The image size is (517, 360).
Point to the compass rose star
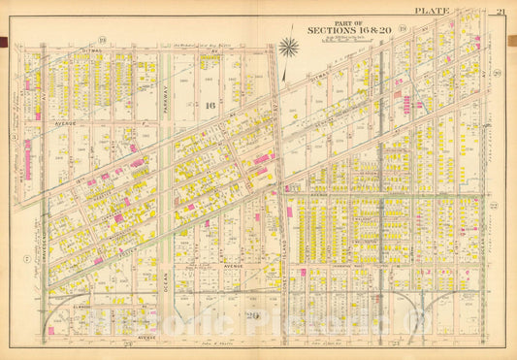(x=288, y=46)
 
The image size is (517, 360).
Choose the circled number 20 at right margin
(x=496, y=73)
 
